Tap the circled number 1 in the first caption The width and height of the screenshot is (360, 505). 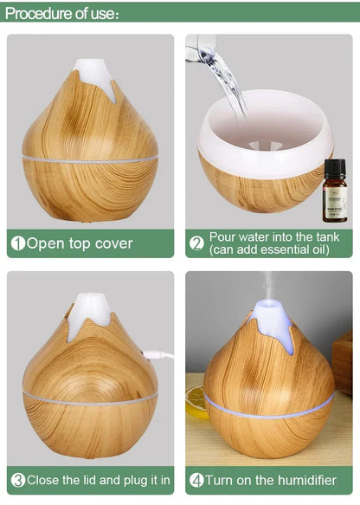coord(16,243)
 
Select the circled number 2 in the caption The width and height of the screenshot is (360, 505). coord(196,243)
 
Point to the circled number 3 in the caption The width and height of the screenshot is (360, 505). coord(16,479)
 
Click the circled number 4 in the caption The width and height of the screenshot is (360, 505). coord(196,479)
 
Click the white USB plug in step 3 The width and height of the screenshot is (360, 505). coord(159,354)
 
